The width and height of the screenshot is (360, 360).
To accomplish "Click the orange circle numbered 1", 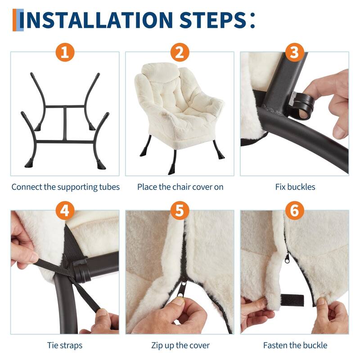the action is coord(65,52).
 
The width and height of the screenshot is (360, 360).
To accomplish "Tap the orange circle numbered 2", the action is coord(180,52).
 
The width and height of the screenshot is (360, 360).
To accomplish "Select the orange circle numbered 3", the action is coord(295,52).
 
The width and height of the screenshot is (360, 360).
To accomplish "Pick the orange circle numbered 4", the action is coord(65,211).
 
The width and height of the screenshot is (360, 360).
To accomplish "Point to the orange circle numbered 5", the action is coord(180,211).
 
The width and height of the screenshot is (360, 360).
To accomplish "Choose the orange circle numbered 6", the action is coord(295,211).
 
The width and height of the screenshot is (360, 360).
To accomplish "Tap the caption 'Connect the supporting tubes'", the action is coord(65,187).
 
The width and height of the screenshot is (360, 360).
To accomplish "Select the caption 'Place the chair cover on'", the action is coord(180,187).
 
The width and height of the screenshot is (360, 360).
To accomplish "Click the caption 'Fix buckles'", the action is coord(295,187).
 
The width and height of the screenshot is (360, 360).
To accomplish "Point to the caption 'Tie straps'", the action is coord(65,346).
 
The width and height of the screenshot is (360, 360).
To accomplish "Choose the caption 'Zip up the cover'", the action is coord(180,346).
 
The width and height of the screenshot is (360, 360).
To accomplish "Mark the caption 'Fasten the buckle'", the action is coord(295,345).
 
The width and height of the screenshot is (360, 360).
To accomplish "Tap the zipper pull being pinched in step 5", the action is coord(182,288).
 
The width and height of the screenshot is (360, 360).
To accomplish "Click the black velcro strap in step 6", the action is coord(292,300).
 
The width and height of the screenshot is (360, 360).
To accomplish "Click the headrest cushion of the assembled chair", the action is coord(160,72).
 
